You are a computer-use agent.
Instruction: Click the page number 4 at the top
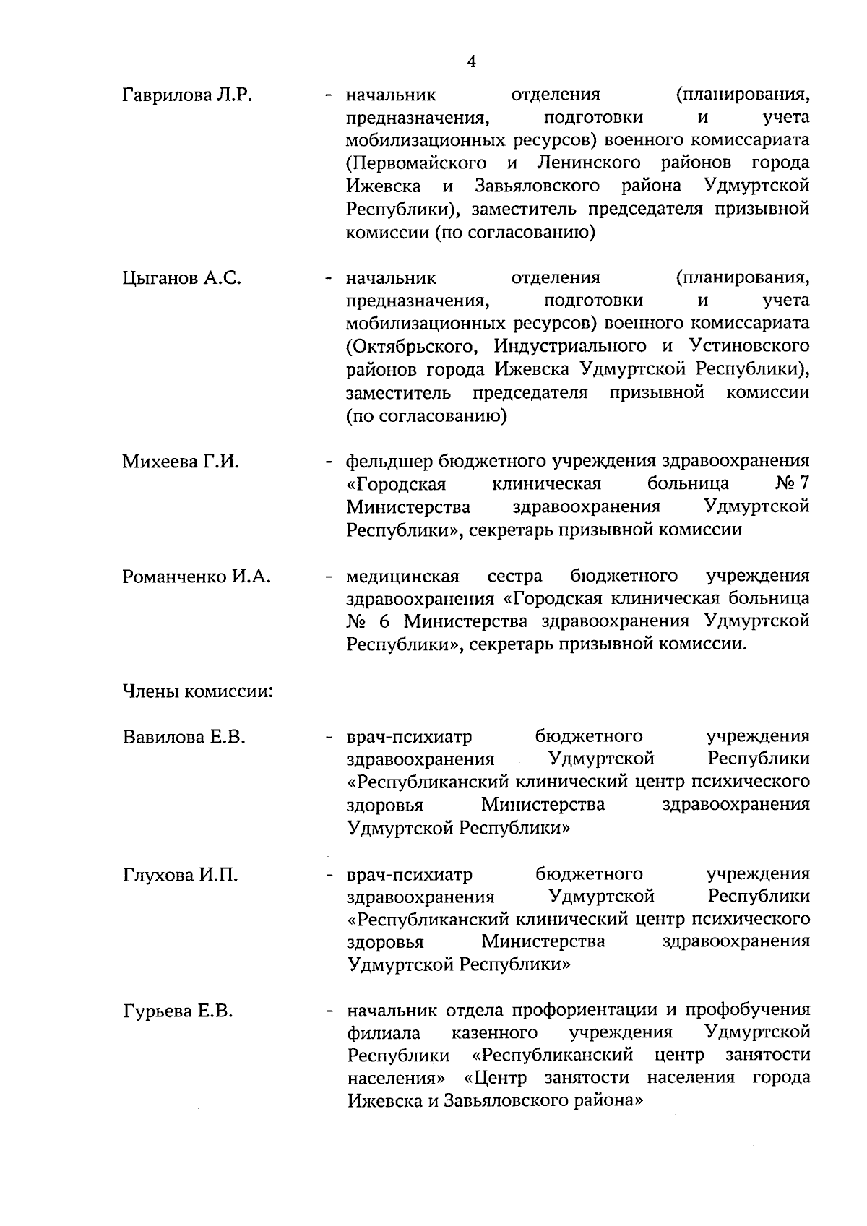tap(471, 62)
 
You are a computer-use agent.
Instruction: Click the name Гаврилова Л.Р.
tap(186, 95)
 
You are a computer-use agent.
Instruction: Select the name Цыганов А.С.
tap(181, 278)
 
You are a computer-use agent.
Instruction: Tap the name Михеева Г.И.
tap(181, 462)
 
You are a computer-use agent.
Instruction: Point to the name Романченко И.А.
tap(196, 577)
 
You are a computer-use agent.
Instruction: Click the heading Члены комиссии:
tap(197, 691)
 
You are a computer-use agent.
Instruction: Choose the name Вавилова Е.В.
tap(184, 738)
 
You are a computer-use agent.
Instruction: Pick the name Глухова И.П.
tap(180, 876)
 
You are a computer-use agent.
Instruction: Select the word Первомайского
tap(416, 163)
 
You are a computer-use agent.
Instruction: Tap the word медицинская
tap(402, 577)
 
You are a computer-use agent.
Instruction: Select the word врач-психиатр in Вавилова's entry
tap(409, 737)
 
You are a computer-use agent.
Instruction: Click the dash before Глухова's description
tap(329, 876)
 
